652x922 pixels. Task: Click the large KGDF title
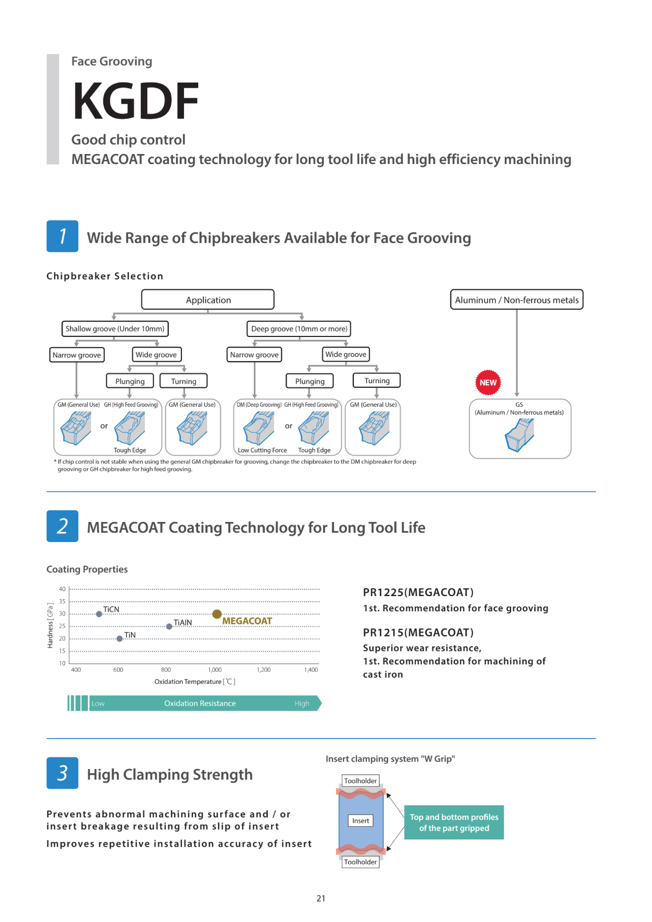136,101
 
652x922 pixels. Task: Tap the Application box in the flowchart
208,300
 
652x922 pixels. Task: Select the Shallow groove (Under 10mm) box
115,329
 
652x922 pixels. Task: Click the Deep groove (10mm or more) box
299,329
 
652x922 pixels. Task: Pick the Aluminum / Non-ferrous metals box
516,300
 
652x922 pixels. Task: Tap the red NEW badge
488,383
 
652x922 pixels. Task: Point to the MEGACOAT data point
217,614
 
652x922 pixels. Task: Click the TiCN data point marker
99,614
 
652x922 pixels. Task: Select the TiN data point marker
119,639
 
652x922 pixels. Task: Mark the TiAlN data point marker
169,627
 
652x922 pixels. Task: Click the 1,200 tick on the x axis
263,670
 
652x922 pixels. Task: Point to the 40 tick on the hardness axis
62,589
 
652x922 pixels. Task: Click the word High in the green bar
302,703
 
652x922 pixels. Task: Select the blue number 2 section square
62,526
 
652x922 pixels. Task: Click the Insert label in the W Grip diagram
361,821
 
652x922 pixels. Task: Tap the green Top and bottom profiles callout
454,822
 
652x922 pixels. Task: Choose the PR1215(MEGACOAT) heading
418,632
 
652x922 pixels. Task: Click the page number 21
321,898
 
